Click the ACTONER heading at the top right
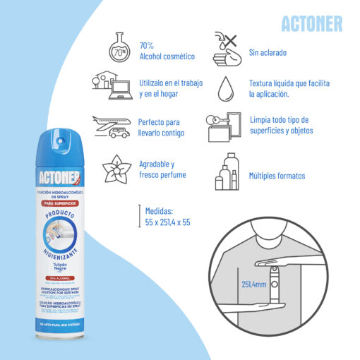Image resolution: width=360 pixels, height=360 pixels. coord(311,23)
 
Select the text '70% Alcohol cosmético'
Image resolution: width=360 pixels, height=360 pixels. coord(166,50)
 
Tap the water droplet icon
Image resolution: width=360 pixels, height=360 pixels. coord(226,89)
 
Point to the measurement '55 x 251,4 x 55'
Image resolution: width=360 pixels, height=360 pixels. coord(167,222)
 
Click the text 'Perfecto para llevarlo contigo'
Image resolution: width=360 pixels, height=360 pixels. coord(161,127)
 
